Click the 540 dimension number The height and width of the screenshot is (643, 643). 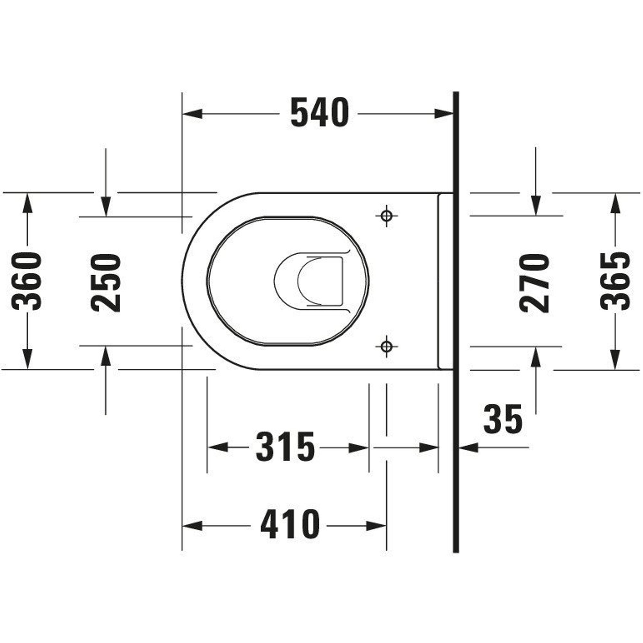point(320,113)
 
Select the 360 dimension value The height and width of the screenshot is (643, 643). point(27,282)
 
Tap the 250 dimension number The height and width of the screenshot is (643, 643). point(105,283)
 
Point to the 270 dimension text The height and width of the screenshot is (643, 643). point(534,283)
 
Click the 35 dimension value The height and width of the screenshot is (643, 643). point(503,419)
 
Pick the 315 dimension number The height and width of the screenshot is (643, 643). point(285,447)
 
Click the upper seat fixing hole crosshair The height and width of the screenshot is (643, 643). point(386,216)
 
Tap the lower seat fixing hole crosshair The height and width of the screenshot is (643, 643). point(386,347)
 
